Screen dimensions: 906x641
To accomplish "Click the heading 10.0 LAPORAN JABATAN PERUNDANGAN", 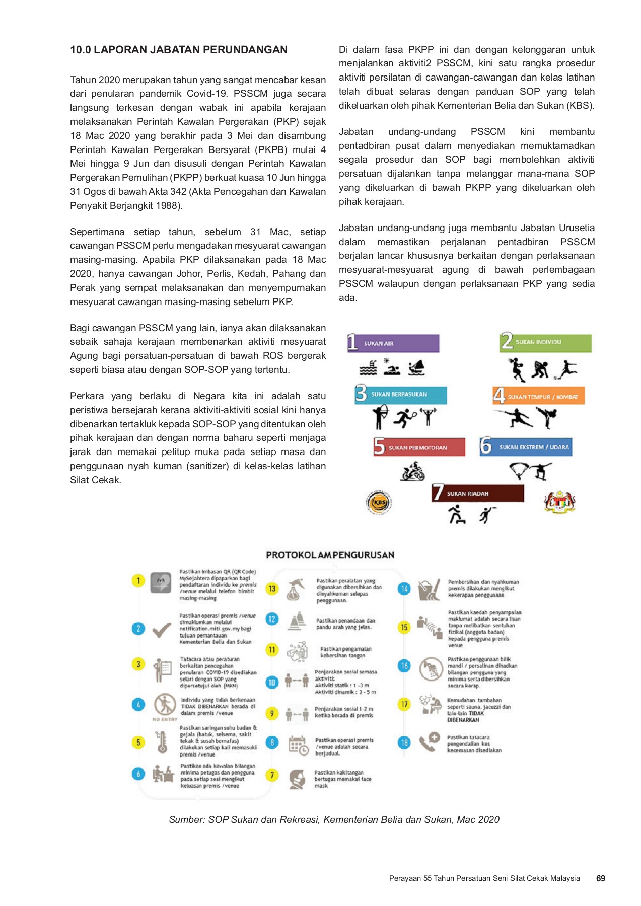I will (179, 50).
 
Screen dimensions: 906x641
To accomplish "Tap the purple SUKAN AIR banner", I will (393, 343).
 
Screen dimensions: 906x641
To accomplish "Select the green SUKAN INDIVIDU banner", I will (545, 342).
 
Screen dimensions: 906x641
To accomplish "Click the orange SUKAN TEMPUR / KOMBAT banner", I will (538, 396).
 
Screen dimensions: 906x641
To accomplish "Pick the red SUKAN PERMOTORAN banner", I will (419, 447).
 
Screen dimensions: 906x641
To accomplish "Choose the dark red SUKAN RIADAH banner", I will (477, 493).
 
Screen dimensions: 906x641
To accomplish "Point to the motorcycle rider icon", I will (413, 473).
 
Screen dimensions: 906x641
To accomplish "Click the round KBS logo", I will (379, 502).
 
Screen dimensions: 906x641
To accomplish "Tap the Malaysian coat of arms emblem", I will (559, 501).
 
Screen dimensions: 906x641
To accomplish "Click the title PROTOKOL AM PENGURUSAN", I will (330, 555).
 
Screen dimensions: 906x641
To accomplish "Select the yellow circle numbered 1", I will (138, 581).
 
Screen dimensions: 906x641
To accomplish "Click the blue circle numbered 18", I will (404, 742).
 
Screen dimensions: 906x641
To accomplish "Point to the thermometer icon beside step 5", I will (162, 742).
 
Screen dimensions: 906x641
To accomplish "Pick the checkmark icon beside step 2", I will (162, 629).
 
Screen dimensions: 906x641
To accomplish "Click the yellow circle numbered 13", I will (272, 589).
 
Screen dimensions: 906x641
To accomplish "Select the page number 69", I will (600, 878).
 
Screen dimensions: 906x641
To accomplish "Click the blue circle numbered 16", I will (404, 665).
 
